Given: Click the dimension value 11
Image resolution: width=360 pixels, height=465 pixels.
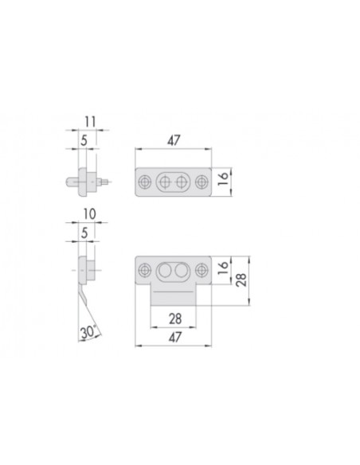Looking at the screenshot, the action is click(x=90, y=122).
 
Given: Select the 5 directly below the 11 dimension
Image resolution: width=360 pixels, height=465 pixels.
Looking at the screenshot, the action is click(x=84, y=140).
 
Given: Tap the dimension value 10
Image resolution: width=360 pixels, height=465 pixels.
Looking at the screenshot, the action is click(x=89, y=214).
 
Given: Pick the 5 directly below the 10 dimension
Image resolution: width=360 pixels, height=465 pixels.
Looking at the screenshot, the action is click(x=84, y=233).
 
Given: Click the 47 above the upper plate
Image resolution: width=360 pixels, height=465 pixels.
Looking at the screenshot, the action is click(x=174, y=141).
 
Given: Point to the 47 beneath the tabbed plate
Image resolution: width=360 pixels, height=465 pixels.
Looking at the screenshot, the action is click(x=175, y=338).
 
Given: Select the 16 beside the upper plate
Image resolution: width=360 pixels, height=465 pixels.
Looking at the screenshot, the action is click(x=223, y=178).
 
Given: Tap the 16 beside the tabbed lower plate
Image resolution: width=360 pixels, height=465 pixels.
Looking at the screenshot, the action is click(x=223, y=268).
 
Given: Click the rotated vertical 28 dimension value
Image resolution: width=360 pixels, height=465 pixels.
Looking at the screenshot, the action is click(x=241, y=279).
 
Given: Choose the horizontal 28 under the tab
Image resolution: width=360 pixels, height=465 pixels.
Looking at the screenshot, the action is click(x=175, y=318).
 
